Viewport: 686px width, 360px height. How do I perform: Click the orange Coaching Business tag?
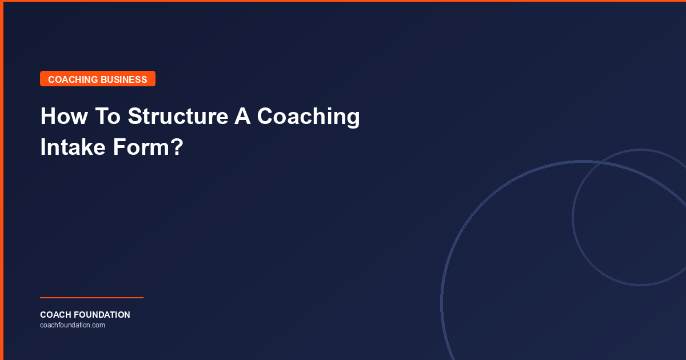click(97, 79)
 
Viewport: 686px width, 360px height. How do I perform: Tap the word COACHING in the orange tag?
click(73, 79)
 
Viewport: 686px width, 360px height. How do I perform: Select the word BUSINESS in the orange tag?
click(124, 79)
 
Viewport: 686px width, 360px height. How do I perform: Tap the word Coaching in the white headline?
click(308, 117)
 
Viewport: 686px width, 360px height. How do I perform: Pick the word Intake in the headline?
click(73, 147)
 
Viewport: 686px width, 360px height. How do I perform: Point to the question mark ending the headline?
click(177, 147)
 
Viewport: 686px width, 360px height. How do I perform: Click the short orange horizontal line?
click(91, 298)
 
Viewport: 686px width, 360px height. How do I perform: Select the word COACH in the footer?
click(55, 315)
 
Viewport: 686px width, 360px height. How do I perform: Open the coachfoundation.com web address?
click(73, 325)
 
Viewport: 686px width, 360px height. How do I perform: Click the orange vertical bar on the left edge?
click(2, 180)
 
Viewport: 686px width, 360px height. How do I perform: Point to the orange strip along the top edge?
click(343, 1)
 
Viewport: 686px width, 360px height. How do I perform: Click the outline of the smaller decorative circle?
click(573, 217)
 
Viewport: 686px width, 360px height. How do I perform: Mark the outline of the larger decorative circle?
click(441, 303)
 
